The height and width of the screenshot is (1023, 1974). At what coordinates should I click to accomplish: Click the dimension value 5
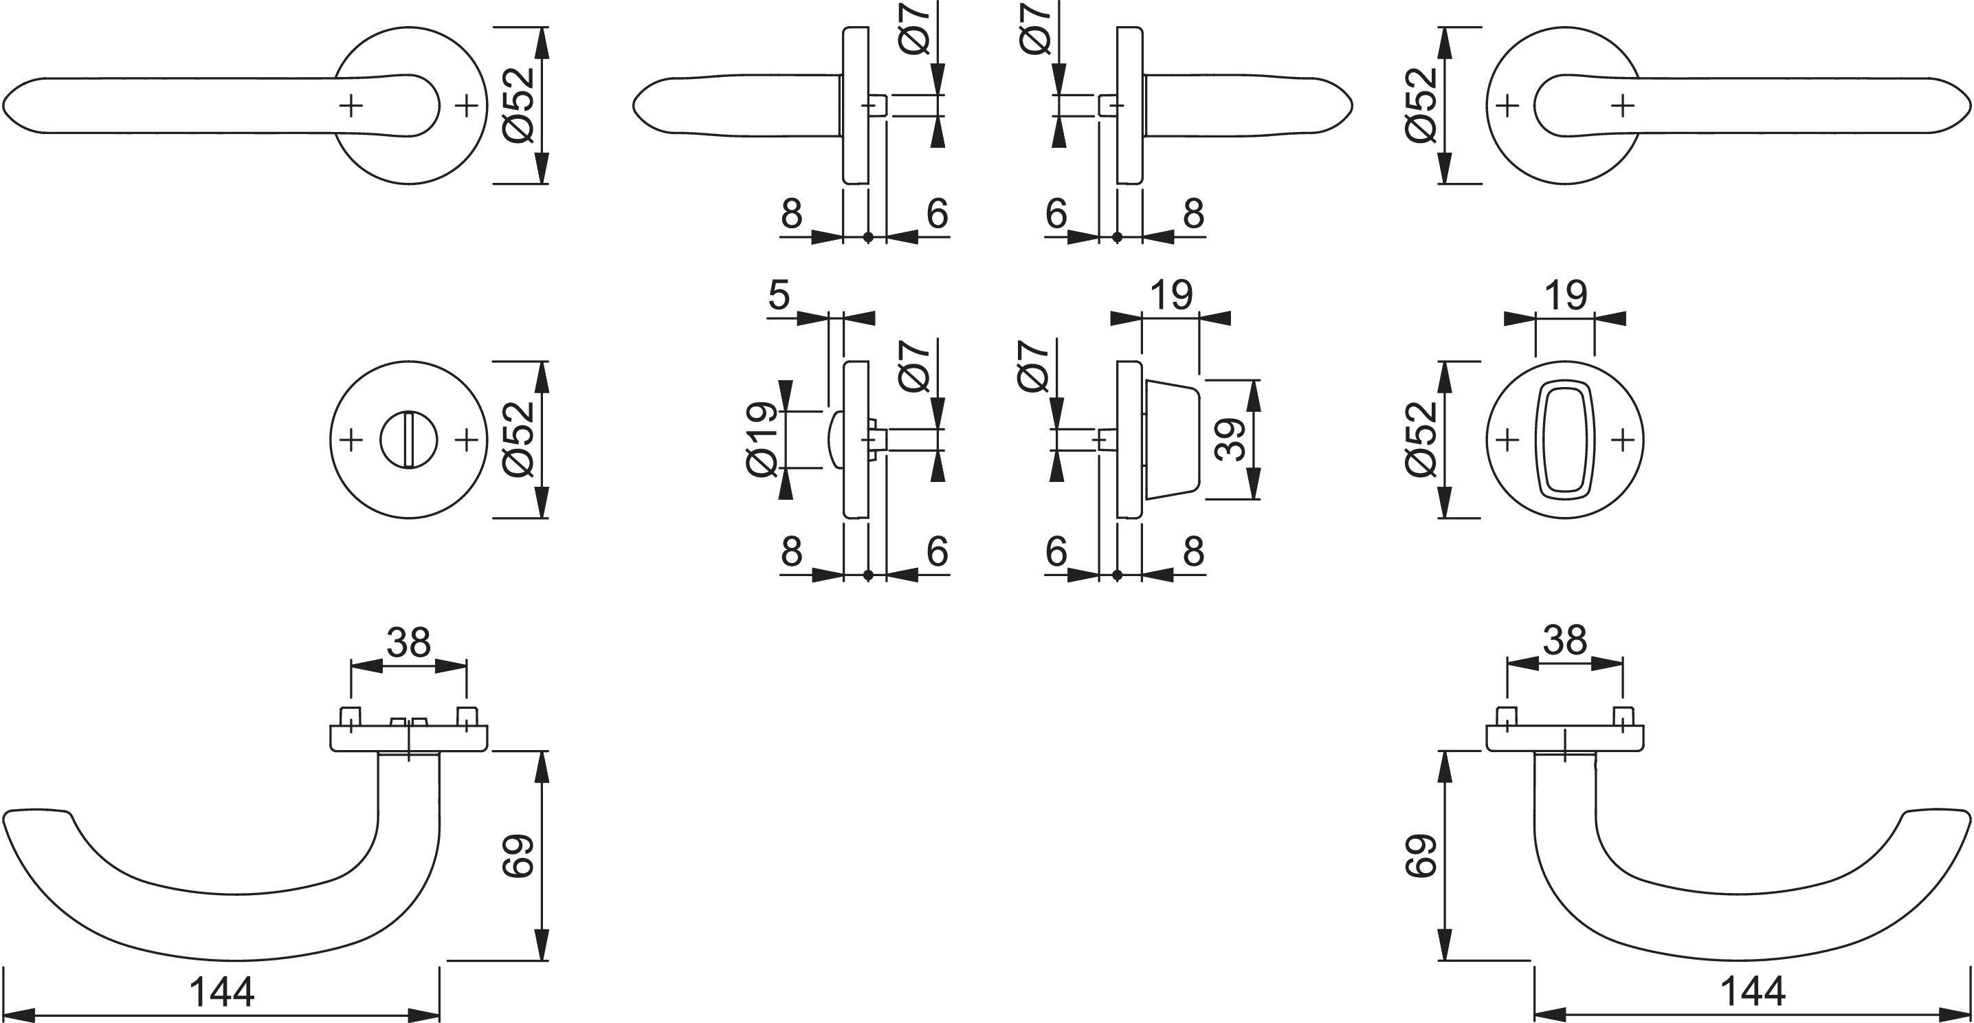[779, 295]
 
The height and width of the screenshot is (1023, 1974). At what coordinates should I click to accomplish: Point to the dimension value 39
[1230, 439]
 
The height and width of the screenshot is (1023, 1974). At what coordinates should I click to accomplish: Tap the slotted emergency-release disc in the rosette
[408, 440]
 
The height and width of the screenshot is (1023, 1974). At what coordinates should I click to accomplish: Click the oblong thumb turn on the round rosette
[1565, 440]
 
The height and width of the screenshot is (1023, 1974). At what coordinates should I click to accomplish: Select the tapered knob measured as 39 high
[1171, 440]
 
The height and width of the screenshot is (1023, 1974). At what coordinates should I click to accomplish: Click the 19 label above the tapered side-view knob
[1172, 295]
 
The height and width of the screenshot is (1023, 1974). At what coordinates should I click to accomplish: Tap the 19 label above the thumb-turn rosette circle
[1565, 295]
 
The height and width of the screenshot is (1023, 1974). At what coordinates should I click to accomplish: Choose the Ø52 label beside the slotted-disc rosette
[519, 439]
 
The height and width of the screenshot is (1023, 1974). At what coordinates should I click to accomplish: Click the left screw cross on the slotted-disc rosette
[351, 440]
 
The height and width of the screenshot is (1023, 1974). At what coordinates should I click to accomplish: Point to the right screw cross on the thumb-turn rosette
[1622, 440]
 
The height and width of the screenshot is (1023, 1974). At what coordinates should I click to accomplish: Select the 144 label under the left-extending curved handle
[221, 992]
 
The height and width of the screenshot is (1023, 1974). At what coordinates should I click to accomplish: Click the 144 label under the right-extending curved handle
[1753, 992]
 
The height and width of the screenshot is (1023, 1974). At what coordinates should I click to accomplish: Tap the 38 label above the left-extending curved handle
[408, 642]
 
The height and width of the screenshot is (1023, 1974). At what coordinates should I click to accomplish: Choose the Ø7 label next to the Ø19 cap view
[913, 366]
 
